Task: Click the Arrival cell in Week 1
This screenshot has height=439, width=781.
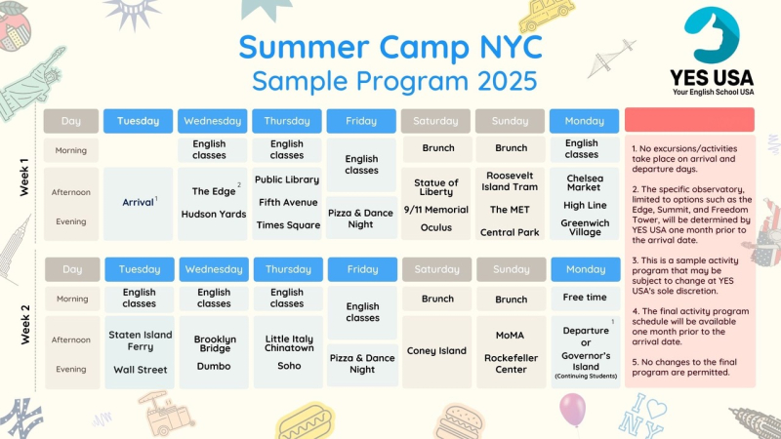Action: point(138,203)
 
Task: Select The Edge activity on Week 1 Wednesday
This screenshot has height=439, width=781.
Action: point(214,191)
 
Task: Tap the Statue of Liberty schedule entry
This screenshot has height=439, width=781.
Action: point(435,187)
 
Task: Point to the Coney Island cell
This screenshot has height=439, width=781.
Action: point(436,351)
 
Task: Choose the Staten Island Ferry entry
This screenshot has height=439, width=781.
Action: point(140,340)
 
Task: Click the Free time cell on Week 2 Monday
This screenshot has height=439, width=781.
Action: point(585,298)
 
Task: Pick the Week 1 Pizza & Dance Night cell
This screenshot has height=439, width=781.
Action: point(361,219)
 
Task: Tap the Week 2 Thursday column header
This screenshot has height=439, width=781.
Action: point(288,269)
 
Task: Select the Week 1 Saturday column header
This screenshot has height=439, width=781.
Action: point(435,121)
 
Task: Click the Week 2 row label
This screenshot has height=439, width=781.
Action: point(24,324)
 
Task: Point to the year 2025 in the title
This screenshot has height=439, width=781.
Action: point(508,81)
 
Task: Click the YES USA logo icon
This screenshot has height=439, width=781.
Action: point(712,35)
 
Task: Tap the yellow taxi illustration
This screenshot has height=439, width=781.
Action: point(547,15)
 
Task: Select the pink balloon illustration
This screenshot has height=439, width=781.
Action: point(572,410)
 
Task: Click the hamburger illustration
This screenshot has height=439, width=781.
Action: point(459,421)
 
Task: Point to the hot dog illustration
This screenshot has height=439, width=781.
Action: point(305,422)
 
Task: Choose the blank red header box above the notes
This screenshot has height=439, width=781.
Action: point(689,120)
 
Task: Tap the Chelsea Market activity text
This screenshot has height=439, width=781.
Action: point(585,182)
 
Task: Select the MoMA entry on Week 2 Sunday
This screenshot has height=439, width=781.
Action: point(510,336)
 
